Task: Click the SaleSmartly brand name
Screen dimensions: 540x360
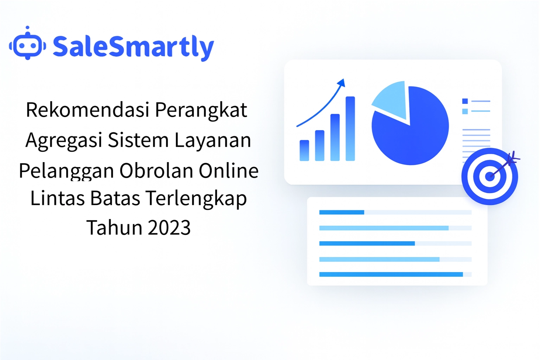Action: pyautogui.click(x=133, y=47)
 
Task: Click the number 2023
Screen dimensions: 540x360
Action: pyautogui.click(x=169, y=227)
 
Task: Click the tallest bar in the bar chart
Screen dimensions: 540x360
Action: pyautogui.click(x=350, y=129)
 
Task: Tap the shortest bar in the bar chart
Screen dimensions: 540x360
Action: pyautogui.click(x=304, y=150)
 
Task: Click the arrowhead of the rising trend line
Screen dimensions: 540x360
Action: pyautogui.click(x=342, y=83)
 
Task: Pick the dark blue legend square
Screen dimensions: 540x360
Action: pyautogui.click(x=465, y=101)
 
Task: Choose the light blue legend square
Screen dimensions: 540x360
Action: pyautogui.click(x=465, y=111)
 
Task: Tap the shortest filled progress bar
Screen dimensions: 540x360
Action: pyautogui.click(x=342, y=212)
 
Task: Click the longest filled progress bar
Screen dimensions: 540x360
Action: pyautogui.click(x=391, y=275)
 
